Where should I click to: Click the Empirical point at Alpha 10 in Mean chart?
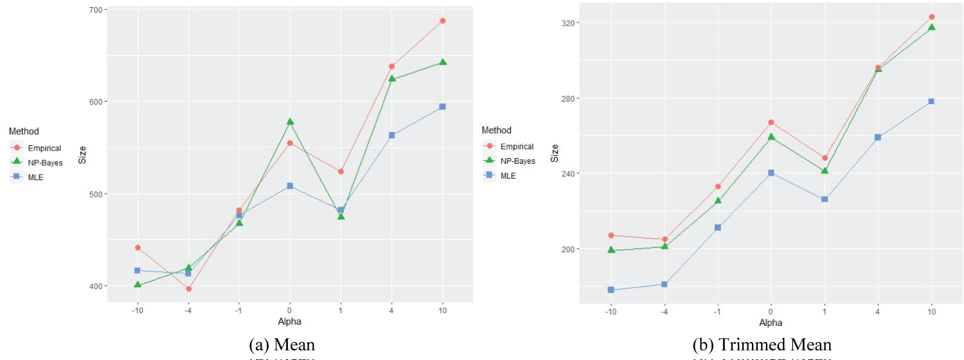coord(442,21)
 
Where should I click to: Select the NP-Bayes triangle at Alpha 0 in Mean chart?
coord(290,122)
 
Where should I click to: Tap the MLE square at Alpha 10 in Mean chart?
coord(442,107)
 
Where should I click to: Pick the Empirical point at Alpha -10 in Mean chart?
coord(138,248)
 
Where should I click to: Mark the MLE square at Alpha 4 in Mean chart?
coord(391,135)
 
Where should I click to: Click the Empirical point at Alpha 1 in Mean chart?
coord(341,172)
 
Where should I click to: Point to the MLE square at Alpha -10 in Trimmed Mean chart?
coord(611,290)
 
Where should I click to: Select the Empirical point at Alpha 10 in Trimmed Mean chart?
coord(931,17)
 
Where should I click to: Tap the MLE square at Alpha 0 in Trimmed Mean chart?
coord(771,173)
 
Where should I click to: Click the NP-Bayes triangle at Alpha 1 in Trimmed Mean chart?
coord(825,170)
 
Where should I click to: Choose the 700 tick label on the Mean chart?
coord(96,10)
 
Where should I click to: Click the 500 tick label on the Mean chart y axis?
coord(96,194)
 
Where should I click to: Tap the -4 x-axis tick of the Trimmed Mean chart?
coord(664,312)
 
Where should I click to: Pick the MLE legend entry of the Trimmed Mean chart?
coord(510,176)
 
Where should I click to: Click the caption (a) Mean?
coord(289,345)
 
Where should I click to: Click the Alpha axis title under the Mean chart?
coord(289,321)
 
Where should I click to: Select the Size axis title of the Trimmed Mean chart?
coord(555,153)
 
